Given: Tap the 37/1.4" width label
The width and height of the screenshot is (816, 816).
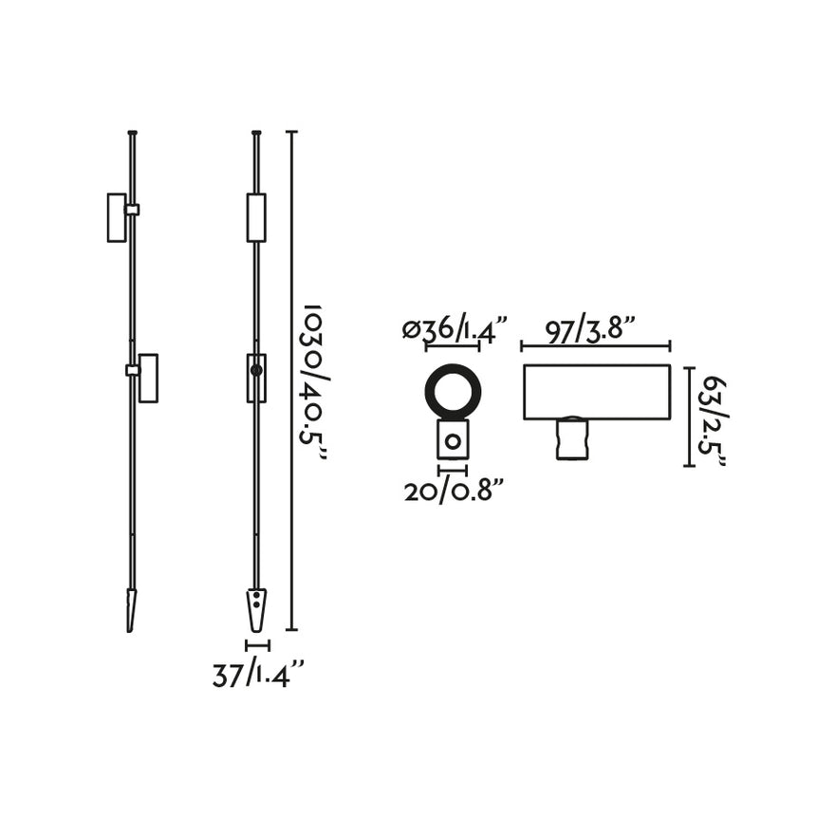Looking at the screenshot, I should click(x=257, y=676).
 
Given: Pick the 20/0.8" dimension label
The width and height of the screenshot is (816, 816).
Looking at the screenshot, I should click(x=453, y=491).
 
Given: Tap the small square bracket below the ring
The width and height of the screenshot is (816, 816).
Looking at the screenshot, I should click(x=453, y=440).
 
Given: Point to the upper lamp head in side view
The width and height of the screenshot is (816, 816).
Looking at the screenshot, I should click(x=116, y=217).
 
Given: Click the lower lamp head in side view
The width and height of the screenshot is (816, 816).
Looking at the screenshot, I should click(x=148, y=378).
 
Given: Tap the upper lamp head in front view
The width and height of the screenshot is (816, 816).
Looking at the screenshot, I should click(x=256, y=217).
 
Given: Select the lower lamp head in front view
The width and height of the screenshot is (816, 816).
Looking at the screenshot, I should click(x=256, y=378).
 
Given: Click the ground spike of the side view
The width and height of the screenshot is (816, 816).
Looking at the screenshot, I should click(x=132, y=609).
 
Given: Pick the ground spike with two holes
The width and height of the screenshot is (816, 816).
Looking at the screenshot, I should click(x=256, y=609).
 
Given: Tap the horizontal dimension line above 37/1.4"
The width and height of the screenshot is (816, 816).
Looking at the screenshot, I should click(x=257, y=645).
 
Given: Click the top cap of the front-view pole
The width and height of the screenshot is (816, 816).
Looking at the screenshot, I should click(x=256, y=132).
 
